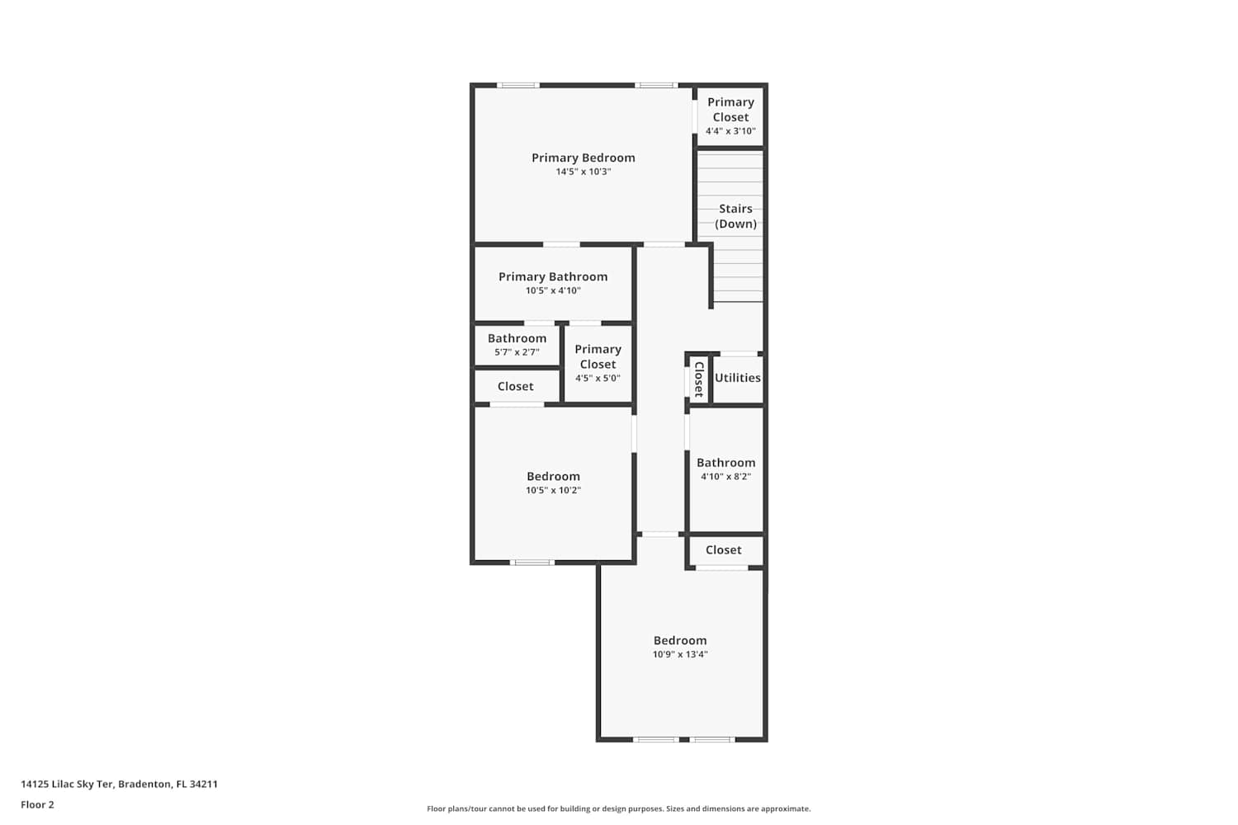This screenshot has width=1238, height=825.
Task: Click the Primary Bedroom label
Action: coord(583,158)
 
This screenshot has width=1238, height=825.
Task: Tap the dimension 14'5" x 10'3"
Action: coord(583,172)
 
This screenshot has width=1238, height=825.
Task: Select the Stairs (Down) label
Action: coord(735,216)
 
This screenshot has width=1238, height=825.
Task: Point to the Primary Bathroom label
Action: coord(553,277)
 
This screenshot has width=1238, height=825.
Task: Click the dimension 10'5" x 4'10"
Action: coord(553,290)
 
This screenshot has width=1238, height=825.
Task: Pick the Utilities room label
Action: coord(737,378)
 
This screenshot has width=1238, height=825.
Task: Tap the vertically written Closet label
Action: coord(699,379)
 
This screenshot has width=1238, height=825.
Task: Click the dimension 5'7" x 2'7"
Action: coord(517,352)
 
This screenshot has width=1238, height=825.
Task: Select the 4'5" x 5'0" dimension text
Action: coord(598,379)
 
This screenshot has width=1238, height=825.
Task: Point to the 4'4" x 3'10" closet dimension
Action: coord(730,131)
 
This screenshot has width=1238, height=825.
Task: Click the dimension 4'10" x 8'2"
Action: coord(725,477)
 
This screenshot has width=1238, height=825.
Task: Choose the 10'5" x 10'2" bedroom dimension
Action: coord(553,490)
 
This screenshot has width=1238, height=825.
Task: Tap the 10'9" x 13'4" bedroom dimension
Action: coord(680,654)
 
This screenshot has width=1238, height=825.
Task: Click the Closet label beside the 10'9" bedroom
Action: coord(723,549)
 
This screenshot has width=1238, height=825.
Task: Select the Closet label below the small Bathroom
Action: coord(515,386)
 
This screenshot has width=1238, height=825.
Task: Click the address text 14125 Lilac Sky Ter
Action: coord(67,784)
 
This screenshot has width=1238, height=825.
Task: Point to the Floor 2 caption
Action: coord(38,804)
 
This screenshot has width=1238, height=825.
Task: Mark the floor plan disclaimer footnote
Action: coord(618,808)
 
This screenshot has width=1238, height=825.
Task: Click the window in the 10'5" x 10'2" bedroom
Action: coord(532,563)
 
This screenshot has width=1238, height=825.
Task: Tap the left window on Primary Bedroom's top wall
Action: coord(517,85)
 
